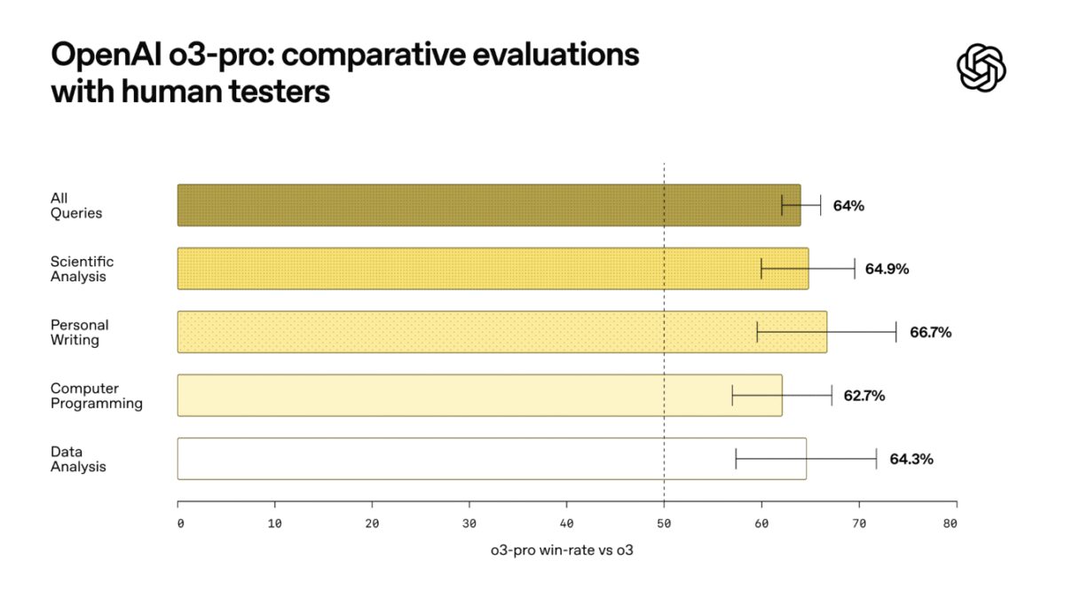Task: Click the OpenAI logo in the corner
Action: (x=982, y=67)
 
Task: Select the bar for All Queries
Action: (x=488, y=205)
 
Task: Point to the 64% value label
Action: (x=848, y=206)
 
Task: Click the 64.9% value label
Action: (x=887, y=269)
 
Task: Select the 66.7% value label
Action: (x=930, y=333)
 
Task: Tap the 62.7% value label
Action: (x=864, y=396)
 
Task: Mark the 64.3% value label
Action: (x=911, y=459)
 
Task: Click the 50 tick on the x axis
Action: (x=664, y=524)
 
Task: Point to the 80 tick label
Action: (x=950, y=524)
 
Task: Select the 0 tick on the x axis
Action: (x=180, y=524)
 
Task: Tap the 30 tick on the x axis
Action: (x=469, y=524)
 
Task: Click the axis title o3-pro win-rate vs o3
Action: (x=562, y=550)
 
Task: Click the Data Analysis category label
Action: (x=78, y=459)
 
